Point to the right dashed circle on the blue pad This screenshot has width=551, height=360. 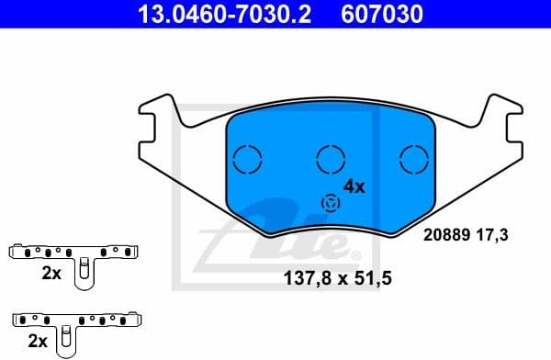[414, 160]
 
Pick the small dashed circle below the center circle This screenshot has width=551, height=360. [329, 203]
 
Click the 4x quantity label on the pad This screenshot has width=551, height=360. [354, 186]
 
